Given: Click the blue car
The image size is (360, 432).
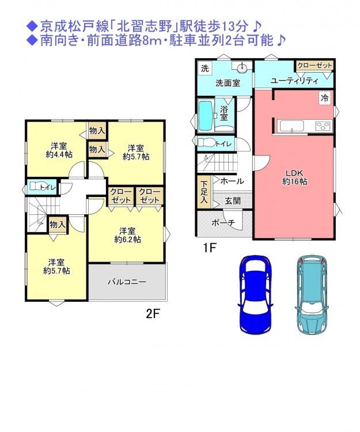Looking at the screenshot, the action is click(x=255, y=294).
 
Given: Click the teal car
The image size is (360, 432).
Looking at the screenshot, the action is click(x=312, y=294).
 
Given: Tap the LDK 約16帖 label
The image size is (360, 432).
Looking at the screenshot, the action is click(x=294, y=177).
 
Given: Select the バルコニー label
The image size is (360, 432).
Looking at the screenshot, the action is click(x=127, y=282).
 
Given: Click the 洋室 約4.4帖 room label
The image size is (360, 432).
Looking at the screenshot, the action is click(x=59, y=150).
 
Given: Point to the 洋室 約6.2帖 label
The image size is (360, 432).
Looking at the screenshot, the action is click(x=127, y=235).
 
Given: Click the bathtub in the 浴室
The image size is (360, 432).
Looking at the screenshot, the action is click(x=206, y=116).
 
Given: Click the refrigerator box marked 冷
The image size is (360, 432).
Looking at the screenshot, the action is click(x=325, y=98).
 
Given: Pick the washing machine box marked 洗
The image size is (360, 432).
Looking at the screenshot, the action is click(x=205, y=68).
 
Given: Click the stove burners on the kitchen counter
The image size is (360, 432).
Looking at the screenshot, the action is click(x=323, y=126).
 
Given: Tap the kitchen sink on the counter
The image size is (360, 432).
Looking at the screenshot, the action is click(x=291, y=126).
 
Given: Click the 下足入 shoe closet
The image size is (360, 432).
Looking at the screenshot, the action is click(x=204, y=192).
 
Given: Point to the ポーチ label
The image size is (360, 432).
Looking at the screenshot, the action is click(x=223, y=222).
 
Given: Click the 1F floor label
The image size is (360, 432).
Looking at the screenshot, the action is click(x=209, y=248).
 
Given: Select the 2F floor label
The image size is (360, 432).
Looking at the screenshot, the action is click(x=153, y=314).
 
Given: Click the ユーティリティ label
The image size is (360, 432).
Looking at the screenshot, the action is click(x=294, y=81).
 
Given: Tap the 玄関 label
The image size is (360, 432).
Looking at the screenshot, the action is click(x=233, y=200).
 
